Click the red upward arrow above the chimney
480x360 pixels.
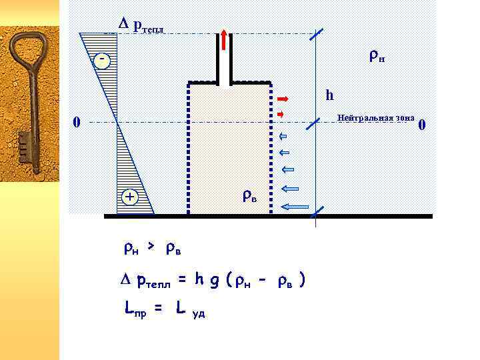[224, 40]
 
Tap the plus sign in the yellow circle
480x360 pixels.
[130, 197]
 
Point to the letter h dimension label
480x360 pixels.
[329, 95]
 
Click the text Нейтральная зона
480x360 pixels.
[376, 118]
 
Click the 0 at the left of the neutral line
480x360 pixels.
[76, 123]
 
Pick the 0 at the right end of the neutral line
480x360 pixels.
[422, 125]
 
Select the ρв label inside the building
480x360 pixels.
[249, 197]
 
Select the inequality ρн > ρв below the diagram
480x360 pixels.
[152, 249]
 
